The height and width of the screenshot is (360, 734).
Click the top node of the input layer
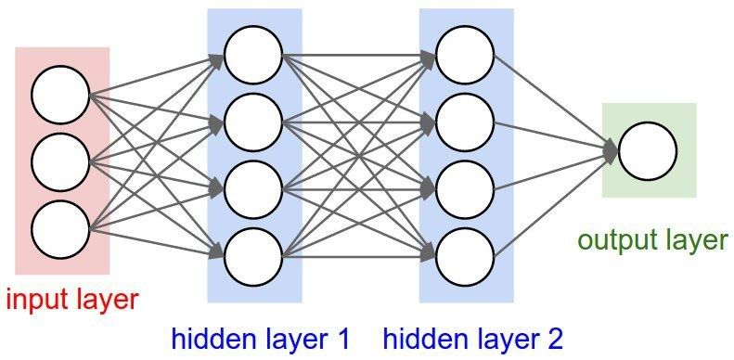(x=60, y=95)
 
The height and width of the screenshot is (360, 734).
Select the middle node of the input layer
(x=60, y=161)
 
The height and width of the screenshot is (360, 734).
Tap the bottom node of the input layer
(x=60, y=227)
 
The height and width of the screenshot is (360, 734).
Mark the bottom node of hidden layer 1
(x=253, y=253)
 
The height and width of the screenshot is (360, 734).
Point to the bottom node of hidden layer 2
(x=464, y=253)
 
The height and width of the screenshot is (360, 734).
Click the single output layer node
(x=647, y=151)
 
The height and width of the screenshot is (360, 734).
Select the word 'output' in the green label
(x=612, y=241)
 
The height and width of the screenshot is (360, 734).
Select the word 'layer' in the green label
(x=691, y=241)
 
